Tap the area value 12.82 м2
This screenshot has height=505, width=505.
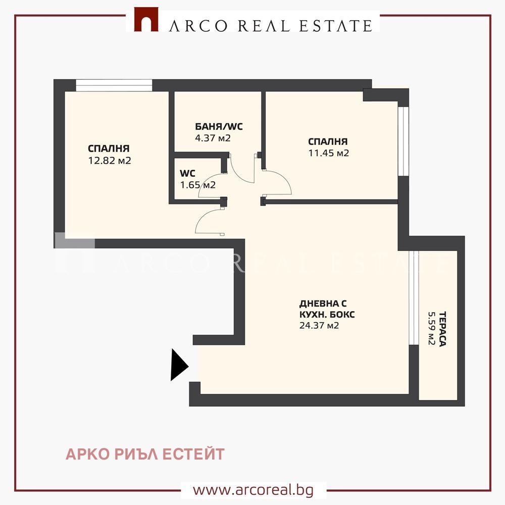[110, 161]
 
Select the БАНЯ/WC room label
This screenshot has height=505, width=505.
[219, 127]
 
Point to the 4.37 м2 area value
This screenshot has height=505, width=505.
[213, 138]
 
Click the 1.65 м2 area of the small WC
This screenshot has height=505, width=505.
[198, 185]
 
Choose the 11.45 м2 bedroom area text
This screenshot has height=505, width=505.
[329, 153]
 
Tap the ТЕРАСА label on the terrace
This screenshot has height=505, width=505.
[442, 329]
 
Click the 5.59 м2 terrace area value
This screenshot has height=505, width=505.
[432, 328]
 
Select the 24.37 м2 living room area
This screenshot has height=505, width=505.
[319, 326]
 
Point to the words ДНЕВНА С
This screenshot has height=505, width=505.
[323, 304]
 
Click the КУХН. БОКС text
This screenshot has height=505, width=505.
[327, 315]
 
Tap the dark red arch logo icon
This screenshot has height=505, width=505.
[146, 20]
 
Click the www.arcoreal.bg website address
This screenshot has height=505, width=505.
[253, 490]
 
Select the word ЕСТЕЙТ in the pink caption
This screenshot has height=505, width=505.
[193, 454]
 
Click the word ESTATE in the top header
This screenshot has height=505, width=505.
[336, 26]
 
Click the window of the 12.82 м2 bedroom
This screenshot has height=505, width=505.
[114, 85]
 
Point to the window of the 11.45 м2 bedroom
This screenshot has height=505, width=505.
[403, 141]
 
